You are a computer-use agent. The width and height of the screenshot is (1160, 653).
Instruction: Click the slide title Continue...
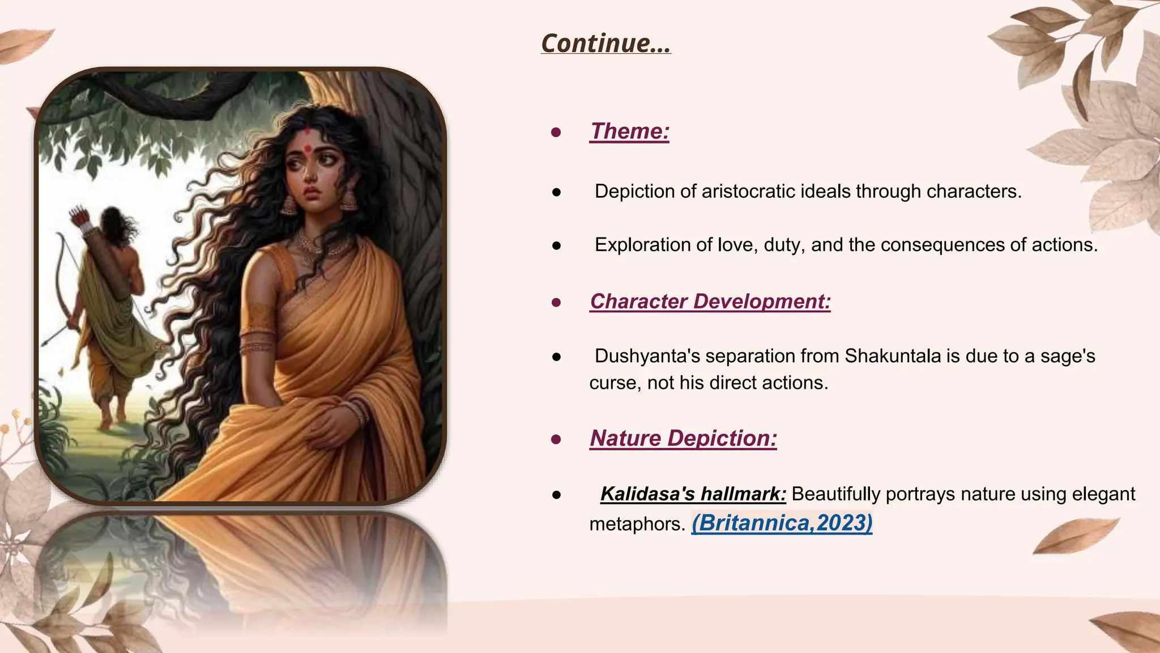pyautogui.click(x=605, y=44)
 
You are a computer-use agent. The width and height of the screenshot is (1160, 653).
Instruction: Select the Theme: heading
pyautogui.click(x=629, y=132)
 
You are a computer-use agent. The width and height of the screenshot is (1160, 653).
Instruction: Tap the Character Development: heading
pyautogui.click(x=710, y=302)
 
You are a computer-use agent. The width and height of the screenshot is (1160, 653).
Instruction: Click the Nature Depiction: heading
pyautogui.click(x=683, y=439)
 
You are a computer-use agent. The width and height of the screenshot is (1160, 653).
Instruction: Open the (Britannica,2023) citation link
pyautogui.click(x=782, y=523)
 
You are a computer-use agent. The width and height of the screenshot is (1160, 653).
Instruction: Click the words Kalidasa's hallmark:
pyautogui.click(x=693, y=494)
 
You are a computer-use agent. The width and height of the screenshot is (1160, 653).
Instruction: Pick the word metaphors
pyautogui.click(x=636, y=524)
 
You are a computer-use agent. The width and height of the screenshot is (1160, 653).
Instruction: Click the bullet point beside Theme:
pyautogui.click(x=556, y=133)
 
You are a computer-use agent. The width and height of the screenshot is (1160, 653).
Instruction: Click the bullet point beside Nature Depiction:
pyautogui.click(x=556, y=439)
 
